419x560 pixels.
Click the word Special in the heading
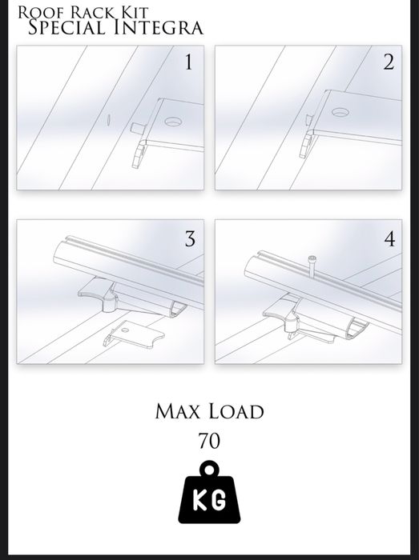66,27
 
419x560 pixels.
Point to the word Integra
159,28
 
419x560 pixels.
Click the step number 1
188,62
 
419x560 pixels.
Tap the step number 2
389,62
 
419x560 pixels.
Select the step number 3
190,238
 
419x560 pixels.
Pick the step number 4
389,238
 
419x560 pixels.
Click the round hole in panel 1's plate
173,122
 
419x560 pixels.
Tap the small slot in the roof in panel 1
108,120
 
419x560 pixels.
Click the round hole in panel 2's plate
340,112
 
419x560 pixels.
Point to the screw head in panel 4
312,258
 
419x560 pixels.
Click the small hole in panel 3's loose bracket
124,330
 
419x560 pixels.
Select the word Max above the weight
178,411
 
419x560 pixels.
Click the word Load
236,411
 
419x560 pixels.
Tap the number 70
209,441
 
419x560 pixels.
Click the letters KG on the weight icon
210,500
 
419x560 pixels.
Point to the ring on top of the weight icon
209,468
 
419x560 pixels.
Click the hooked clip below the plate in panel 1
139,154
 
